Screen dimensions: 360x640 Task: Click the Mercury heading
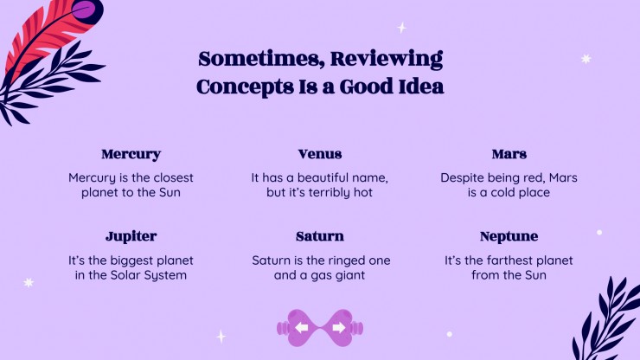tap(131, 154)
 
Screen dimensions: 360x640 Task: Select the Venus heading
tap(319, 154)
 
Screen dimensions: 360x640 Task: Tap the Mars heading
tap(509, 154)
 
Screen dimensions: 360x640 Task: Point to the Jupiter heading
tap(131, 236)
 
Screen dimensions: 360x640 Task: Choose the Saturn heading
tap(319, 236)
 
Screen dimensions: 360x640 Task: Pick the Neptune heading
tap(509, 236)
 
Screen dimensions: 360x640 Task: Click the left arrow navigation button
tap(301, 328)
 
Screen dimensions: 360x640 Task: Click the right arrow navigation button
tap(338, 328)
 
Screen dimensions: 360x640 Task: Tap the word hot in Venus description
tap(362, 192)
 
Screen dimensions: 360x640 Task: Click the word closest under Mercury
tap(171, 177)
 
